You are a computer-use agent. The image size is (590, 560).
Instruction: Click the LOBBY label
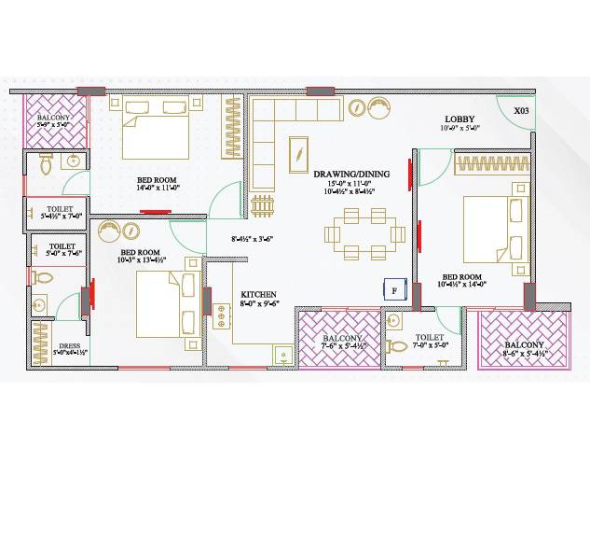point(460,119)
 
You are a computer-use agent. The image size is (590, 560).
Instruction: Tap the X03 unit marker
point(521,111)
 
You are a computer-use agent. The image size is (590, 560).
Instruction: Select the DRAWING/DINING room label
point(351,174)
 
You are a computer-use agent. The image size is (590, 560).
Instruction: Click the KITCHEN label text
point(258,295)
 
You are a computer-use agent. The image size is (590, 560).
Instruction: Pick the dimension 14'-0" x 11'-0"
point(158,188)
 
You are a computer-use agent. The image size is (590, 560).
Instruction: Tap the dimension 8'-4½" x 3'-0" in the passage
point(254,239)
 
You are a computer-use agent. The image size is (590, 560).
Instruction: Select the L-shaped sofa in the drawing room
point(280,131)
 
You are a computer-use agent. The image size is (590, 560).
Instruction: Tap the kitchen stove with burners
point(222,315)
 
